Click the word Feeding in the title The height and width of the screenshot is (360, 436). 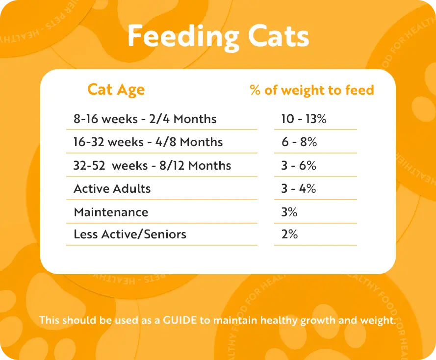[183, 37]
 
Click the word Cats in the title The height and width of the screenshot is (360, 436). [279, 36]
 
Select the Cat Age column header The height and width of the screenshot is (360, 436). [116, 90]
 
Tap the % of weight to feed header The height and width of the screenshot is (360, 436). [312, 90]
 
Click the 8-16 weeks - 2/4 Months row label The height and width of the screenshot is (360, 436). [145, 119]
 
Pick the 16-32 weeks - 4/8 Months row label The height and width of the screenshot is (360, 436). [148, 142]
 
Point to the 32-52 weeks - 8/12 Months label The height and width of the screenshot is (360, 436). [152, 165]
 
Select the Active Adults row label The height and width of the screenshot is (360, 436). [112, 189]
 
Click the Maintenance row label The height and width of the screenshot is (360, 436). [111, 212]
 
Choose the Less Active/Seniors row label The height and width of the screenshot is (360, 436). [130, 234]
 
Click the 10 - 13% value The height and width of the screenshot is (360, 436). [304, 119]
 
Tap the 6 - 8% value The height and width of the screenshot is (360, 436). [299, 142]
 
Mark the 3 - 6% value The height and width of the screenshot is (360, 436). [299, 165]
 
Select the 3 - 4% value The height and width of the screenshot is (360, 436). [299, 189]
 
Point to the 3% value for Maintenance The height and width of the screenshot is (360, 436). [289, 212]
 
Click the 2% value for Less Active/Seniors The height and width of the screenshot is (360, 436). [289, 234]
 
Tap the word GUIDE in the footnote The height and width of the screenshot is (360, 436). [180, 320]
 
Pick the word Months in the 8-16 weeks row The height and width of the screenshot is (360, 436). [195, 119]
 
